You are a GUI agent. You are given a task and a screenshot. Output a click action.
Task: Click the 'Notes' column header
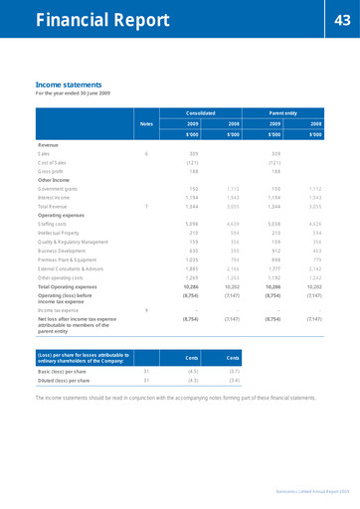pos(146,123)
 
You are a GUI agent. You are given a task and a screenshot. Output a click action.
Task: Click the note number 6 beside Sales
pos(146,154)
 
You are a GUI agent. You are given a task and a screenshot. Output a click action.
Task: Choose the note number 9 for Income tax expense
pos(146,310)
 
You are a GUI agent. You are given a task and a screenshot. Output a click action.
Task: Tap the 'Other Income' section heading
pos(56,180)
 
